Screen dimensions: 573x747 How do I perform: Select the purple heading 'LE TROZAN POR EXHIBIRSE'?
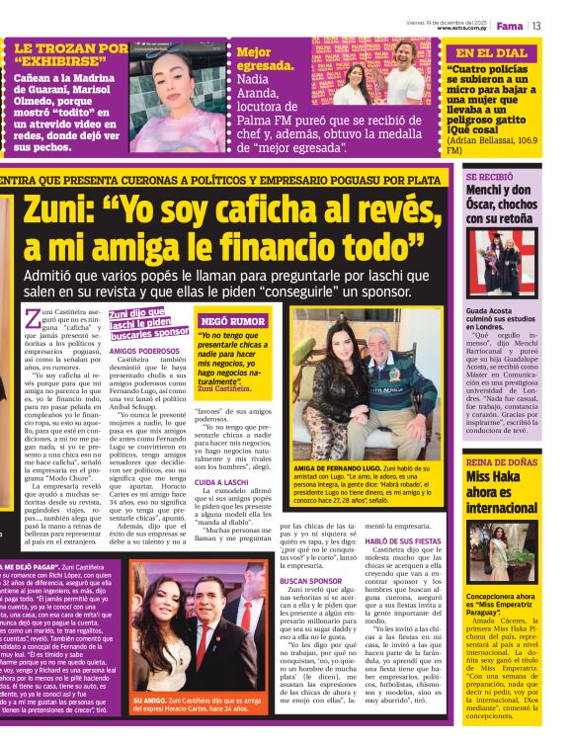tap(70, 55)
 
